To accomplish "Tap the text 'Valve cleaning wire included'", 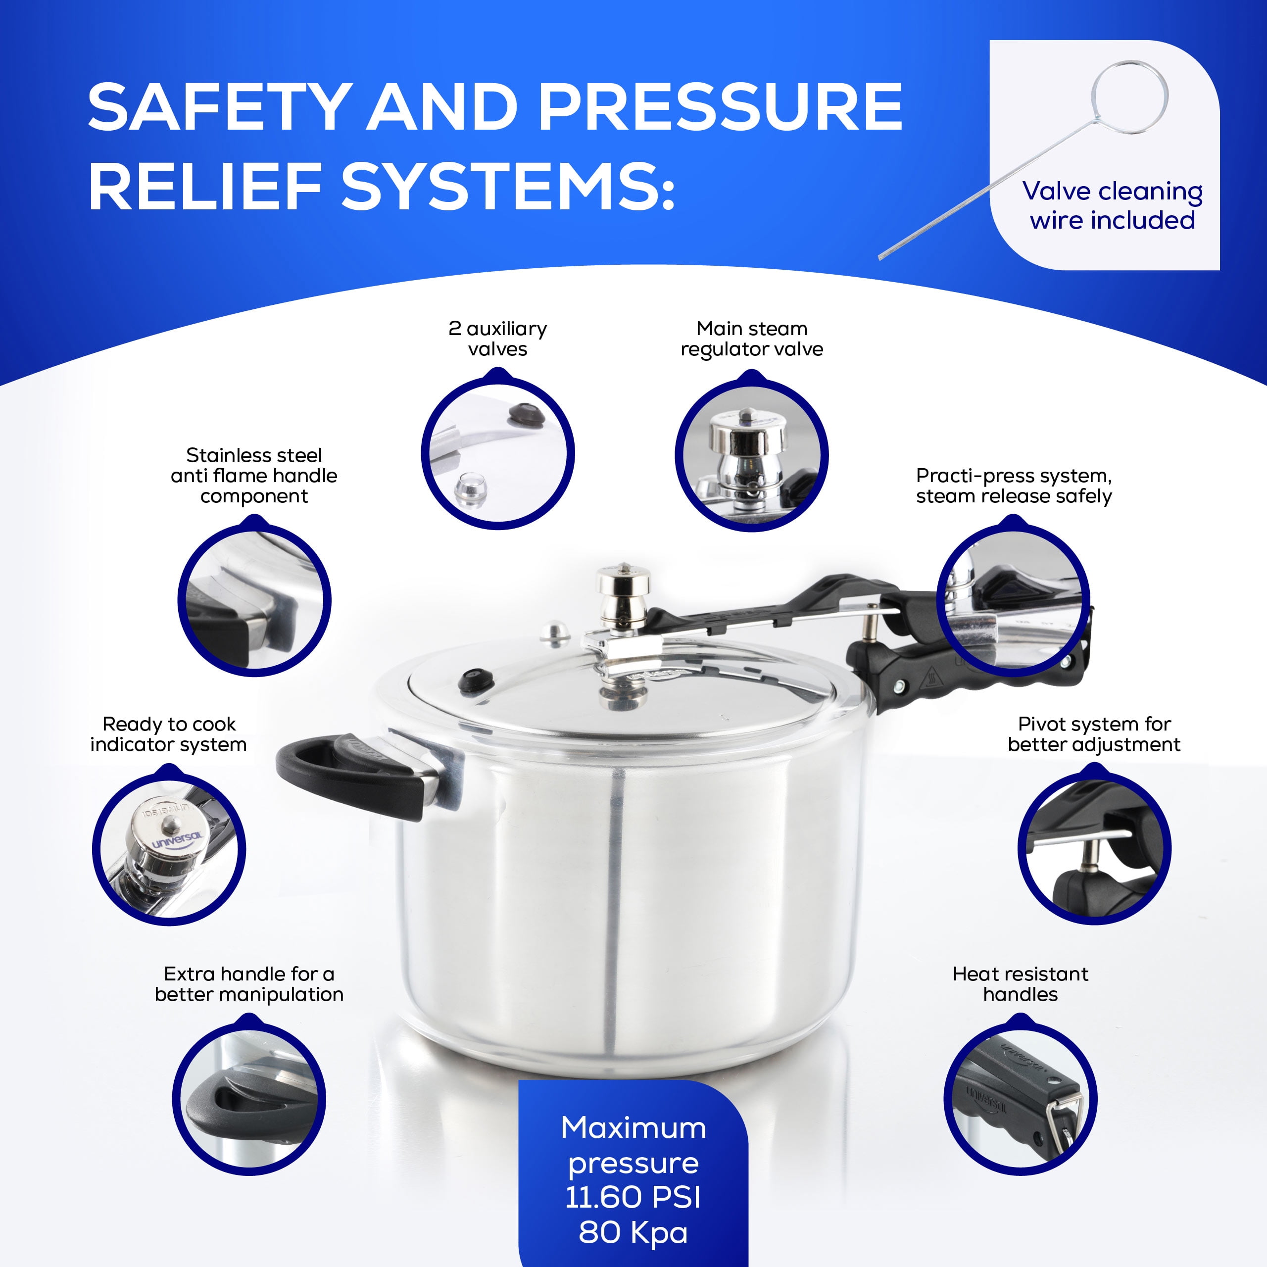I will tap(1112, 205).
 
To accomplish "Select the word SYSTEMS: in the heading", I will tap(508, 188).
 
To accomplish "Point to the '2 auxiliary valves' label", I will tap(497, 339).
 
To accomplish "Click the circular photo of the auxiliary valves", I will tap(497, 452).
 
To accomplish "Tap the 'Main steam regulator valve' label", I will tap(752, 339).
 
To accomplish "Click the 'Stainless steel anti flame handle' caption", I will tap(254, 476).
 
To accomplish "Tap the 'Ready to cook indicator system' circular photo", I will tap(169, 849).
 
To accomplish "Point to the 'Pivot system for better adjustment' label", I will tap(1093, 734).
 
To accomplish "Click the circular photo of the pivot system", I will tap(1094, 849).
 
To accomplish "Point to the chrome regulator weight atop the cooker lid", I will tap(624, 593).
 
